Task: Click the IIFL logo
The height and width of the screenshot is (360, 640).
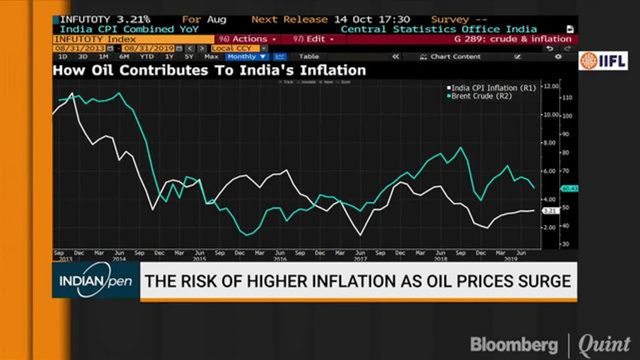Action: coord(603,60)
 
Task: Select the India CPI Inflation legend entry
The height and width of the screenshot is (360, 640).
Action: coord(492,88)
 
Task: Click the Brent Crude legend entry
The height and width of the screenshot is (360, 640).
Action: coord(481,96)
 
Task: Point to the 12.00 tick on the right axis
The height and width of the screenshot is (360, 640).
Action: coord(551,86)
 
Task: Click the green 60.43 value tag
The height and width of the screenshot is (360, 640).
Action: coord(569,188)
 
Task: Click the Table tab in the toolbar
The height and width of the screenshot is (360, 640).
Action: coord(308,57)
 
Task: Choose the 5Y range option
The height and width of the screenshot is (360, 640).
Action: coord(188,57)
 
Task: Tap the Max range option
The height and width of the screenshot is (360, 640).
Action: coord(211,57)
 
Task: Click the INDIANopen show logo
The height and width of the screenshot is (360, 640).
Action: coord(95,280)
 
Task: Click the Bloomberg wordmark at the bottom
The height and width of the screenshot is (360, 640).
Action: coord(513,345)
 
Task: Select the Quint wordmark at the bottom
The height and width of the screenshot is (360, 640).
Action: coord(604,345)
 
